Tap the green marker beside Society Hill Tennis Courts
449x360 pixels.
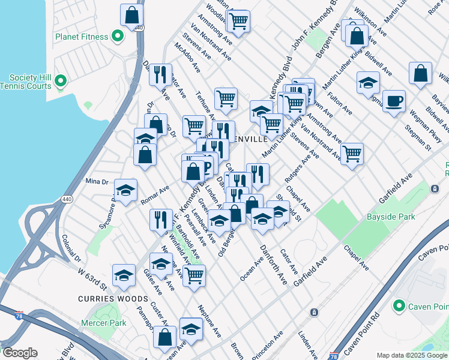(61, 80)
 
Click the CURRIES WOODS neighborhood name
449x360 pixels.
(112, 298)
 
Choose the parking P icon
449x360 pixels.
(206, 166)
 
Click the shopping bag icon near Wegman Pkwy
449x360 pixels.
(420, 73)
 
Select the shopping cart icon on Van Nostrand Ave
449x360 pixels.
(351, 154)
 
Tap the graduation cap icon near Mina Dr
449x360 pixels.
(125, 190)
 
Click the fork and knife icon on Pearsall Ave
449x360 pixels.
(160, 220)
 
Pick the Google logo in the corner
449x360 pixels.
(20, 353)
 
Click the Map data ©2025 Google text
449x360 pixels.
(412, 355)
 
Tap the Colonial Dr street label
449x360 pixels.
(71, 247)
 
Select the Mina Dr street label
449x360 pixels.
(96, 181)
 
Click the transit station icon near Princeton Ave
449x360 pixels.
(313, 312)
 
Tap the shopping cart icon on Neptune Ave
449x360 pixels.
(194, 275)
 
